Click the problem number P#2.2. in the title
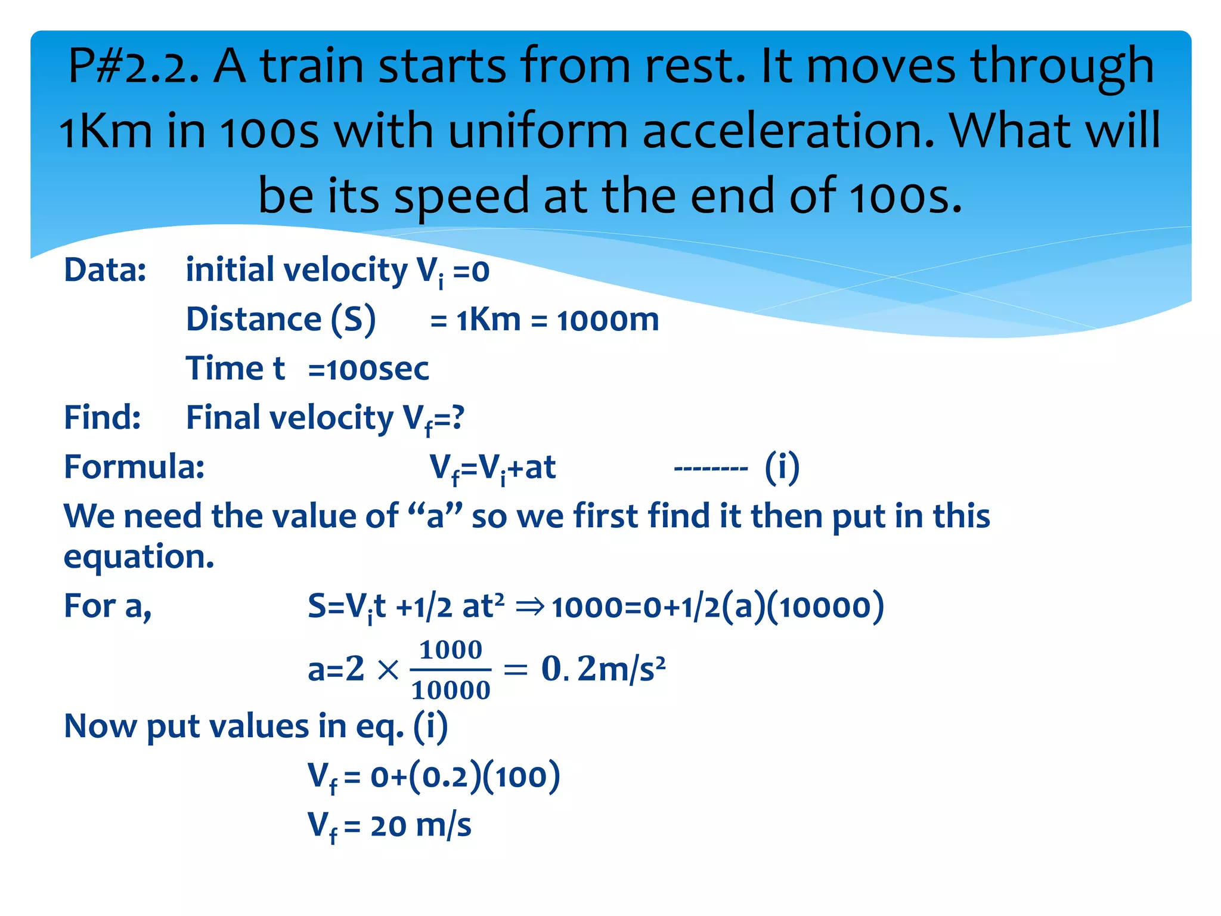click(134, 66)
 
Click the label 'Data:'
click(105, 270)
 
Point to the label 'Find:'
click(103, 417)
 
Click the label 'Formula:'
click(134, 467)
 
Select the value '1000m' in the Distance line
click(608, 321)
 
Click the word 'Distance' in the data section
click(253, 320)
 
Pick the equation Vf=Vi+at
click(492, 468)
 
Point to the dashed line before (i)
click(710, 469)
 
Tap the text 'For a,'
click(108, 606)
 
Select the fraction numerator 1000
click(451, 650)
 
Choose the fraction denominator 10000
click(451, 691)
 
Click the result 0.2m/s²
click(603, 669)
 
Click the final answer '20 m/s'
click(420, 827)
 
